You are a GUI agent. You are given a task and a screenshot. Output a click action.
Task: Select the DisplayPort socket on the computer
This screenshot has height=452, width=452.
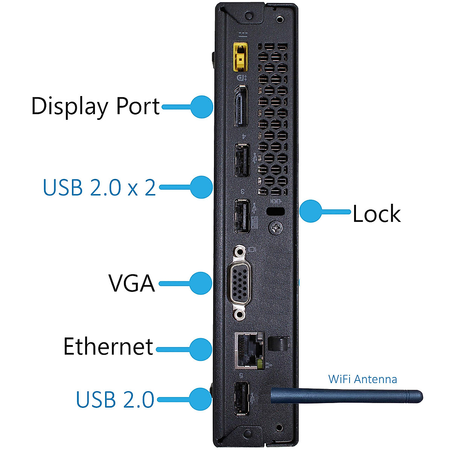pyautogui.click(x=241, y=106)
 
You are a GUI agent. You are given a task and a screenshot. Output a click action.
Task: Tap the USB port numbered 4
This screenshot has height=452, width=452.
pyautogui.click(x=241, y=160)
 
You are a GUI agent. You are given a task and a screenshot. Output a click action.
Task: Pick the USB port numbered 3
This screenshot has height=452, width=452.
pyautogui.click(x=242, y=216)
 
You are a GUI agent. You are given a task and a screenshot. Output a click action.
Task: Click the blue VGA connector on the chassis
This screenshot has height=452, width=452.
pyautogui.click(x=239, y=283)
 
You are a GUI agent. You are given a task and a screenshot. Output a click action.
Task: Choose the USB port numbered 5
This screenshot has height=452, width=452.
pyautogui.click(x=242, y=399)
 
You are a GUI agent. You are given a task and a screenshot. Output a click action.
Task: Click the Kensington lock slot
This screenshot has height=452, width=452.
pyautogui.click(x=276, y=212)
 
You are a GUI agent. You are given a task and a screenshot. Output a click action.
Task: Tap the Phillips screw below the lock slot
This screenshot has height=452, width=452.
pyautogui.click(x=276, y=228)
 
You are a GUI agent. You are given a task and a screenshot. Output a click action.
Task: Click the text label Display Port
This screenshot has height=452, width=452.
pyautogui.click(x=95, y=106)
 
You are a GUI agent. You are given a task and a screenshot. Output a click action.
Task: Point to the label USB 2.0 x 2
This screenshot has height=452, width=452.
pyautogui.click(x=99, y=187)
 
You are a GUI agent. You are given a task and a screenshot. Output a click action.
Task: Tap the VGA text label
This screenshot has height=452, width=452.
pyautogui.click(x=131, y=283)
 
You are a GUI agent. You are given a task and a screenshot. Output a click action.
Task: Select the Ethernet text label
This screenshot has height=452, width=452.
pyautogui.click(x=108, y=347)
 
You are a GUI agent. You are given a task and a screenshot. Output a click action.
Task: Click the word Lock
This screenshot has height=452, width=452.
pyautogui.click(x=376, y=214)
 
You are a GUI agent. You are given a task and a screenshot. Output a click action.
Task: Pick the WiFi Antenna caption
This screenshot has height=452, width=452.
pyautogui.click(x=362, y=379)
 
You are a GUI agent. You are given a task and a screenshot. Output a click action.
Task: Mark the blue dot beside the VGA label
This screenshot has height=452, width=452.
pyautogui.click(x=200, y=283)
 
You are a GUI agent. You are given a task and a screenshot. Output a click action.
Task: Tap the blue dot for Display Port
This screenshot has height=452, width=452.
pyautogui.click(x=202, y=107)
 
